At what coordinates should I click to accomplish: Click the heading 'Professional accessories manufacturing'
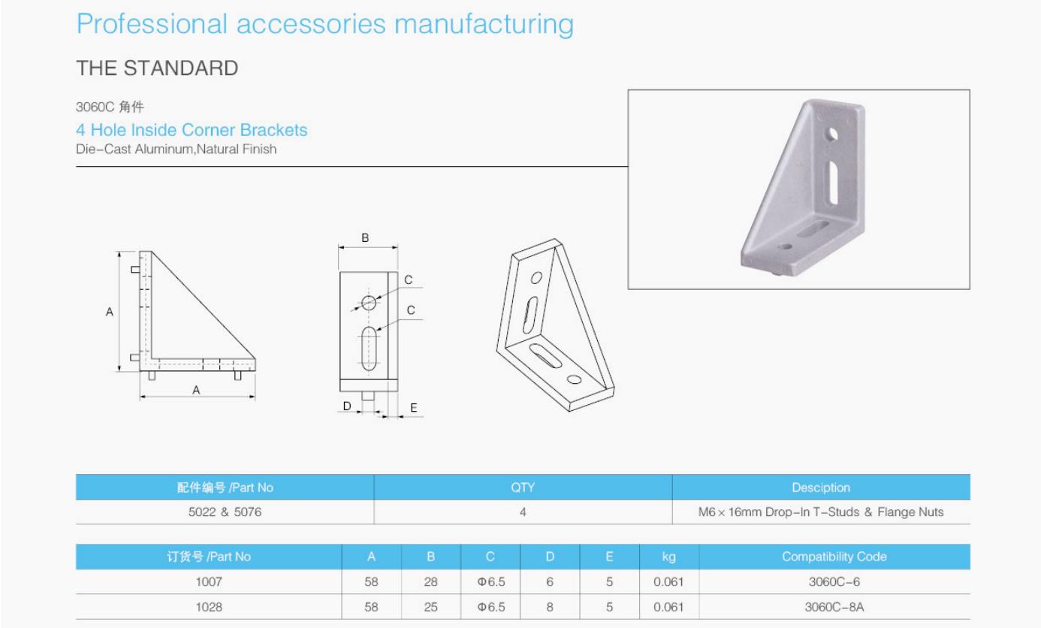324,24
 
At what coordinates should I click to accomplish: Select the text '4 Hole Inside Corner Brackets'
192,130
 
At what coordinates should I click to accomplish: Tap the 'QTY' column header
523,488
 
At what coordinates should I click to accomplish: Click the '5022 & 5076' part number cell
225,512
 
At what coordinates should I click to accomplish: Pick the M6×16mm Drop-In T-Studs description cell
820,512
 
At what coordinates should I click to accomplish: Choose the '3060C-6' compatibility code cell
834,581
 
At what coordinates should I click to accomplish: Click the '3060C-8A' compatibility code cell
834,606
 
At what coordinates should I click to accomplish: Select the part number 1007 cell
209,581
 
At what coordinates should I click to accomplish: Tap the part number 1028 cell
209,606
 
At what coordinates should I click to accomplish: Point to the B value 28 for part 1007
431,581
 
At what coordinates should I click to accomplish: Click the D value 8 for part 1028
550,606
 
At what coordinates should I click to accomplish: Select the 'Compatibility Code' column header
834,557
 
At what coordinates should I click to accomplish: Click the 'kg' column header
668,557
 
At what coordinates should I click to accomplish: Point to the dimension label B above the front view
366,238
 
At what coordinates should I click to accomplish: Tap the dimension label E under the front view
413,408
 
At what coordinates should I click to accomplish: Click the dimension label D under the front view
346,406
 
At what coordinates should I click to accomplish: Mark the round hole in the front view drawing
369,303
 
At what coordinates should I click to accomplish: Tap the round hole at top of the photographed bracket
833,135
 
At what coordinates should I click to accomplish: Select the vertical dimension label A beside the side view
110,312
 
